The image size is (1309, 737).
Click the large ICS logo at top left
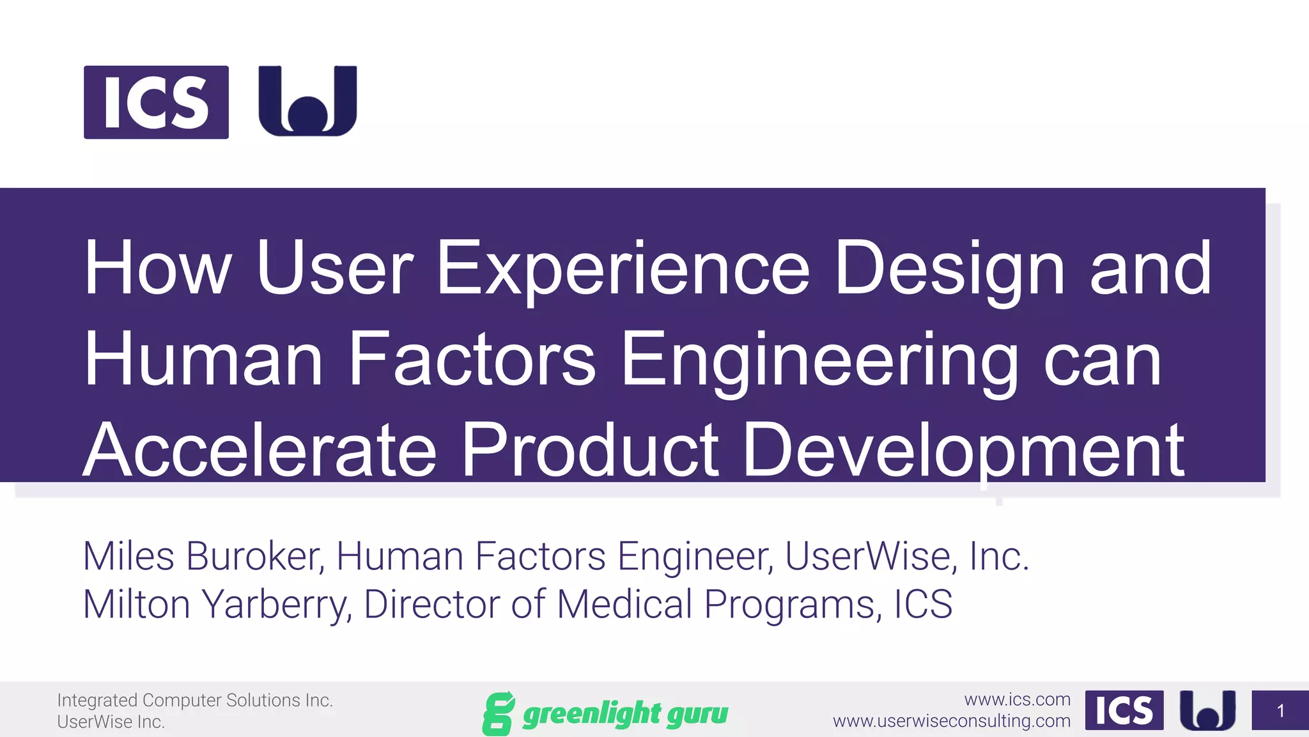pyautogui.click(x=156, y=102)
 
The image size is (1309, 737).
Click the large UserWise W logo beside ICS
pyautogui.click(x=307, y=101)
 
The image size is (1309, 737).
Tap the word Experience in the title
pyautogui.click(x=623, y=268)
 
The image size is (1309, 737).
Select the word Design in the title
pyautogui.click(x=949, y=268)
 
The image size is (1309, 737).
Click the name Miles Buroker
pyautogui.click(x=201, y=555)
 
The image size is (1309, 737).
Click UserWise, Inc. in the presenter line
pyautogui.click(x=906, y=555)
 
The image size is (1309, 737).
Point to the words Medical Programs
pyautogui.click(x=716, y=604)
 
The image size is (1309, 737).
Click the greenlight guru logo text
pyautogui.click(x=624, y=713)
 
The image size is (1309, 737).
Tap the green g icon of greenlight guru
pyautogui.click(x=498, y=713)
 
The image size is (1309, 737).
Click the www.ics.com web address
pyautogui.click(x=1017, y=699)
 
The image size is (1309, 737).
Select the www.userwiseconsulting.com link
pyautogui.click(x=951, y=721)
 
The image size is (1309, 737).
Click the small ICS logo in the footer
pyautogui.click(x=1124, y=710)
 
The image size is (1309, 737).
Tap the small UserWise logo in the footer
pyautogui.click(x=1207, y=710)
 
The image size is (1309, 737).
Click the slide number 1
pyautogui.click(x=1280, y=710)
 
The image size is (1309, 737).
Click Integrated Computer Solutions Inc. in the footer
pyautogui.click(x=195, y=700)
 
